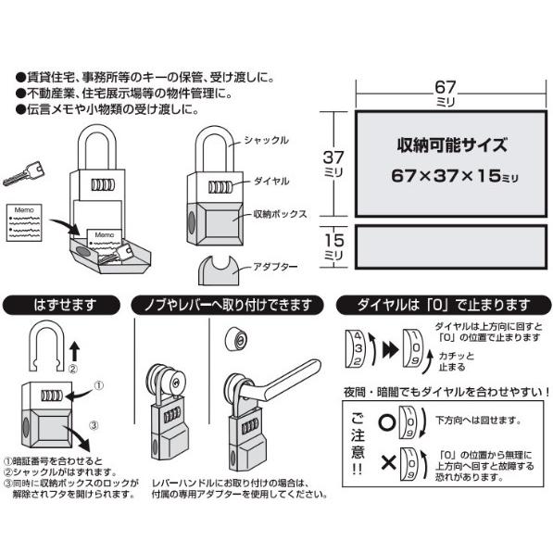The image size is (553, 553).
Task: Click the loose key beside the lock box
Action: [x=24, y=173]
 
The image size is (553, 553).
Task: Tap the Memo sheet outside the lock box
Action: [x=24, y=222]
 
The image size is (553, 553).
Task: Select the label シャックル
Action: [x=266, y=141]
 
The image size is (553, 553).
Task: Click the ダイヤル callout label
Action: [x=271, y=182]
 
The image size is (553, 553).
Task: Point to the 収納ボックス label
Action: [x=281, y=214]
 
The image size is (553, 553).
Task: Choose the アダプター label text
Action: [x=275, y=267]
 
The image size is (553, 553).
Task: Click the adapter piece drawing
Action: [x=219, y=270]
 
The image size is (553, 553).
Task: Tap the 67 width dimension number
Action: [x=445, y=87]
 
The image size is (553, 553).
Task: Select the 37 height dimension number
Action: [x=333, y=157]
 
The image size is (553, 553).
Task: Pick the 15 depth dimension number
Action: [x=334, y=241]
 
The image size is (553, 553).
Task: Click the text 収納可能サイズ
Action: [x=452, y=145]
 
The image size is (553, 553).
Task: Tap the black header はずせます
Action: [x=61, y=305]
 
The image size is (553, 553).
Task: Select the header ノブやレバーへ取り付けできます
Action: [x=228, y=306]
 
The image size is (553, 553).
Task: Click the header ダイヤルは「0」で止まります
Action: [x=444, y=305]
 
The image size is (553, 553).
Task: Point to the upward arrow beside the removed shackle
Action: [x=75, y=351]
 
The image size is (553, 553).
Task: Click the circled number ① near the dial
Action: [x=99, y=386]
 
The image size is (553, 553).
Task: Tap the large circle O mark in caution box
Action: [x=387, y=422]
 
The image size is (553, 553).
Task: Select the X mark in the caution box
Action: [x=389, y=462]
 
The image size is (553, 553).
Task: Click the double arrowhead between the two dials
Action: [x=390, y=350]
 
